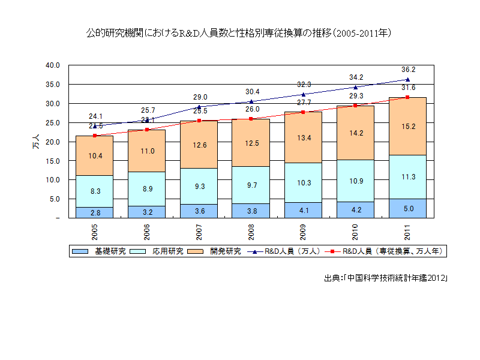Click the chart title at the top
240,34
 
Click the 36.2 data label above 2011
409,70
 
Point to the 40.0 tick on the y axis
53,65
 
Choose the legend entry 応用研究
162,251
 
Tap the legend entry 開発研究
218,251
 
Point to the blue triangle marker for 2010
356,87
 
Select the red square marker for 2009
304,112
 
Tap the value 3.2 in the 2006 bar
148,212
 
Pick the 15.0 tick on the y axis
53,161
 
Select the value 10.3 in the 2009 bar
304,182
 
